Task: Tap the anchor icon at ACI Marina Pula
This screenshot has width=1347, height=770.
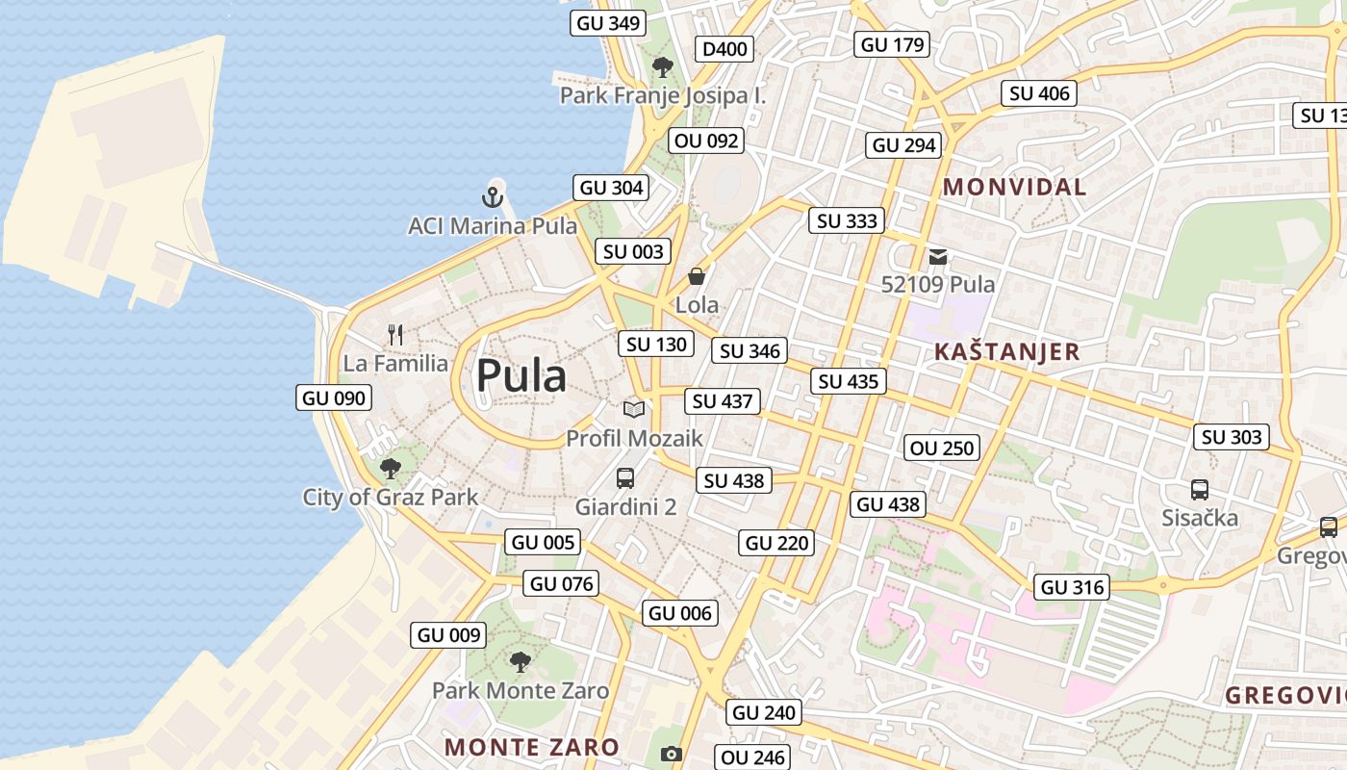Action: click(493, 197)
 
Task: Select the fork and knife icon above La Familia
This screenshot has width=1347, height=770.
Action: click(395, 335)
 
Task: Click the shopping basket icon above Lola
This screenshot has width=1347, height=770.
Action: click(697, 276)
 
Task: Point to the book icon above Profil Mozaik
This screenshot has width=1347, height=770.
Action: click(633, 410)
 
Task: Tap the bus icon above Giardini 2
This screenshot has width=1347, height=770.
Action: click(624, 477)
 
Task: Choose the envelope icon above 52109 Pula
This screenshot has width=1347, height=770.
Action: click(938, 257)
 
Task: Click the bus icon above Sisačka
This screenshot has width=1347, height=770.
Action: click(1199, 489)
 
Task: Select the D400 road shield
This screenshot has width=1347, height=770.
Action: click(724, 49)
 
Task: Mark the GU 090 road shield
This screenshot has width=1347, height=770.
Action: click(334, 398)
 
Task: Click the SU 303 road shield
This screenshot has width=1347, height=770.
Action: click(1232, 437)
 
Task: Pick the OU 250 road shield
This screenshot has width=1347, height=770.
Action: click(943, 448)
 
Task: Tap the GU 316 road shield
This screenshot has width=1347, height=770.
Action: click(1073, 587)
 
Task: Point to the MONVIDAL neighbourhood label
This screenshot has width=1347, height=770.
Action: click(1014, 187)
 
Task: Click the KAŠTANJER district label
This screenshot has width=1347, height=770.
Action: click(1006, 351)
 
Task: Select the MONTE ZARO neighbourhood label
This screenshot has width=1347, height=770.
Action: click(532, 746)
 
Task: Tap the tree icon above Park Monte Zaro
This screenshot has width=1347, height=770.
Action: click(520, 661)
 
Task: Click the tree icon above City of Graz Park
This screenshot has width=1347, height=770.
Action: click(390, 469)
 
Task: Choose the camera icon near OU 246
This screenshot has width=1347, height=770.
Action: click(672, 754)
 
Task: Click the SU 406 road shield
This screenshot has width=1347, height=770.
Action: click(1039, 93)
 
